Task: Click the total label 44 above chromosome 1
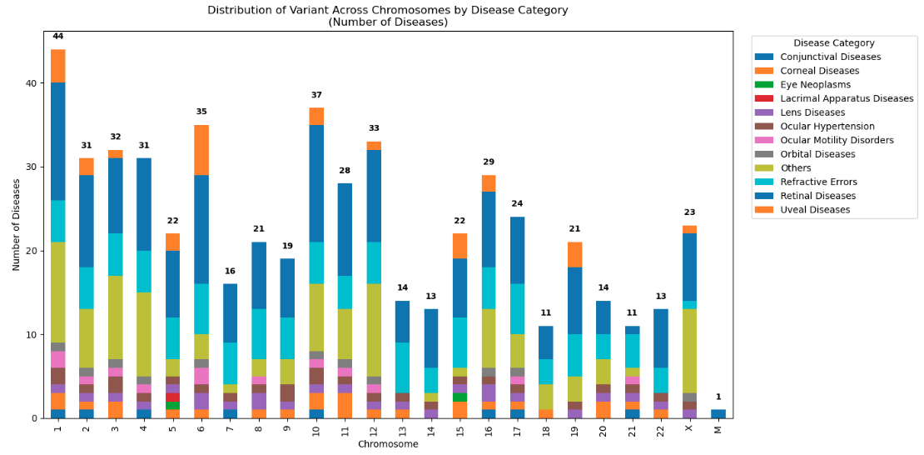[57, 37]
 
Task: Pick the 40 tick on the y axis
[32, 83]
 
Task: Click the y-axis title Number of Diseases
[17, 224]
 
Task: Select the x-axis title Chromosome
[388, 444]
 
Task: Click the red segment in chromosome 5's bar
[172, 397]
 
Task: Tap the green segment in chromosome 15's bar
[460, 397]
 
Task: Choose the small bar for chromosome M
[718, 413]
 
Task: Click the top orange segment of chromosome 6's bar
[201, 150]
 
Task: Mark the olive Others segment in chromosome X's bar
[689, 351]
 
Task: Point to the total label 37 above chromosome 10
[316, 95]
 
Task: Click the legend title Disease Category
[833, 42]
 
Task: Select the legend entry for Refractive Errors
[818, 182]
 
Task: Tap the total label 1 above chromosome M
[718, 397]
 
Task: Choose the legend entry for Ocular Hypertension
[822, 127]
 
